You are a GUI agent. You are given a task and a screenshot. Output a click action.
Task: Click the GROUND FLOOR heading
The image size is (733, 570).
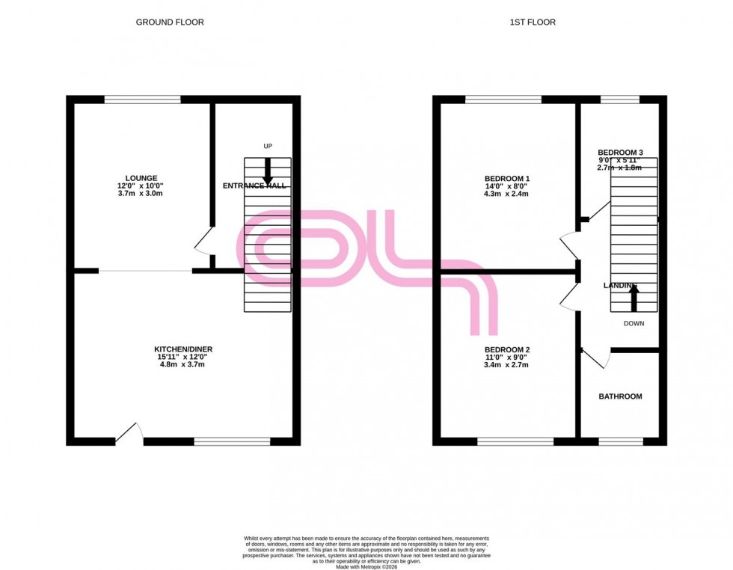coord(169,22)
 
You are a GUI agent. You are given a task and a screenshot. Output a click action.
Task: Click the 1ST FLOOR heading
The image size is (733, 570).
coord(533,22)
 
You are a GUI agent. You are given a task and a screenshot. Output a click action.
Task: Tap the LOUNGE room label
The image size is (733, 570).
coord(141,178)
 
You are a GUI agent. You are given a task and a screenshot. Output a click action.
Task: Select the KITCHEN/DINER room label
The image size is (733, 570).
coord(179,349)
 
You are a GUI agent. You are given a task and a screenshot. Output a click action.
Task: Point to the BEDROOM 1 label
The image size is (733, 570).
coord(507,178)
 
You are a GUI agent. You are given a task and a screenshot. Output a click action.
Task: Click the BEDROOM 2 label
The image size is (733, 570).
coord(507,349)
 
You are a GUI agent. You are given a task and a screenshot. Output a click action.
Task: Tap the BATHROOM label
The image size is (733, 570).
coord(620,396)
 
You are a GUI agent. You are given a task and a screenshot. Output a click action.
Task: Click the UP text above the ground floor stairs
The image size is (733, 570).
coord(267,146)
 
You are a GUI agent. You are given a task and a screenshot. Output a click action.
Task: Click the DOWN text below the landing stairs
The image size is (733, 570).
coord(634,324)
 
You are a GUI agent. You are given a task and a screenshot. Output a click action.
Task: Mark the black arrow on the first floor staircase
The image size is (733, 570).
coord(634,298)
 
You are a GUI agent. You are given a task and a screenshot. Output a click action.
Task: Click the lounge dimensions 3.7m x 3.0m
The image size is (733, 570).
coord(141,194)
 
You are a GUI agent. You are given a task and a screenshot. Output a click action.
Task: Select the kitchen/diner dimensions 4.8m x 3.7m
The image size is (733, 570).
coord(179,365)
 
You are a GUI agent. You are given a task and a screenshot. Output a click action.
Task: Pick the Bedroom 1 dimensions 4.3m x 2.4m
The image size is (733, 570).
coord(507,194)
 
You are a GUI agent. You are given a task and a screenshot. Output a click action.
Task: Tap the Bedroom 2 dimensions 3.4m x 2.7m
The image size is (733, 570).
coord(507,365)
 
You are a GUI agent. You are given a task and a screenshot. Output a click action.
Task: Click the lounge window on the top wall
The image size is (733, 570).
coord(142,99)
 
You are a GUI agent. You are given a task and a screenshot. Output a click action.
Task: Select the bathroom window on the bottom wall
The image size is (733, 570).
coord(621,442)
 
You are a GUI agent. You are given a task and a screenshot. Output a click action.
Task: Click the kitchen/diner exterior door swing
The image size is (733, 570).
coord(130,433)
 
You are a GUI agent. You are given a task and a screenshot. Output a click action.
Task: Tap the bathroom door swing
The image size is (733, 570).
coord(596,359)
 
